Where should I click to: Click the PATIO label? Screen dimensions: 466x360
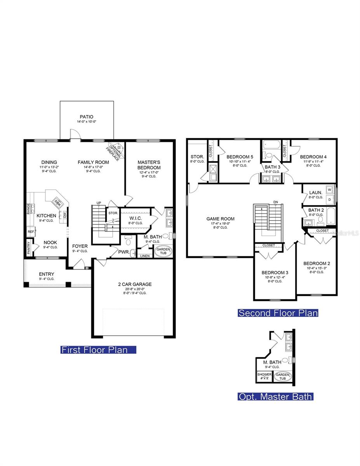click(x=87, y=116)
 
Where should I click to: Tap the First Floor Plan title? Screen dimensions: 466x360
click(x=94, y=350)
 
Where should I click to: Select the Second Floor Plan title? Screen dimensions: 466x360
click(x=278, y=313)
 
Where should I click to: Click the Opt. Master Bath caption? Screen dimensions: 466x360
click(x=275, y=397)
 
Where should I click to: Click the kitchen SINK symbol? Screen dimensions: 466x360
click(x=57, y=202)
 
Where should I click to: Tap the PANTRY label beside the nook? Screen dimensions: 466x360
click(x=29, y=248)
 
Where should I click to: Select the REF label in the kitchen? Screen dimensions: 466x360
click(x=31, y=231)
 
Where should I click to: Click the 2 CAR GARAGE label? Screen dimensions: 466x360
click(x=135, y=284)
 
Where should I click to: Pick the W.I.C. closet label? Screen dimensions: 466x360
click(x=136, y=218)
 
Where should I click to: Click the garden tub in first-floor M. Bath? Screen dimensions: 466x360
click(x=163, y=251)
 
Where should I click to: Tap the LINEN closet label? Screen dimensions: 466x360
click(x=144, y=256)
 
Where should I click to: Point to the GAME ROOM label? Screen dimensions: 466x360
click(x=220, y=219)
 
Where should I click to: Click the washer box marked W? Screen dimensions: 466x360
click(x=330, y=190)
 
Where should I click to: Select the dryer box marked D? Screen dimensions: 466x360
click(x=330, y=199)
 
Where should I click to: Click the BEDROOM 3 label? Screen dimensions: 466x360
click(x=275, y=272)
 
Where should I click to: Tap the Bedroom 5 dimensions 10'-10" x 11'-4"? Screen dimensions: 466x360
click(x=240, y=161)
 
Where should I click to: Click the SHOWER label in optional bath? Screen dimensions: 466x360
click(x=264, y=375)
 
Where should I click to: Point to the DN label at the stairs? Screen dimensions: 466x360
click(x=276, y=202)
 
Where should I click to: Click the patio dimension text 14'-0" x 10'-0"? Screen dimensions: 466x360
click(x=87, y=122)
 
